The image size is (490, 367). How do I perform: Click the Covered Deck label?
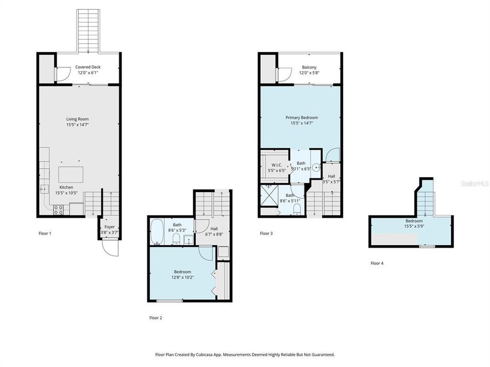(88, 67)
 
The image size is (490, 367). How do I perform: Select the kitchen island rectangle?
(71, 173)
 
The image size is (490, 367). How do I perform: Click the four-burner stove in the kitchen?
(58, 209)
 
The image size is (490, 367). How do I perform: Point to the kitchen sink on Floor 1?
(43, 189)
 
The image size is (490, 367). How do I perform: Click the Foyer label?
(110, 227)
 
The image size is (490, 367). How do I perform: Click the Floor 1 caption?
(45, 233)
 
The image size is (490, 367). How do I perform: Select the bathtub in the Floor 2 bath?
(157, 232)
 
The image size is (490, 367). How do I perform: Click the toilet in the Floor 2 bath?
(176, 240)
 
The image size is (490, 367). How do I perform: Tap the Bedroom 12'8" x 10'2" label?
(182, 274)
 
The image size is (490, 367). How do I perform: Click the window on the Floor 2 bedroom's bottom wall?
(169, 301)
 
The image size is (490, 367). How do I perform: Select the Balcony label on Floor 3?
(309, 67)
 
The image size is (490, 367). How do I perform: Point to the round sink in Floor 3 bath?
(316, 166)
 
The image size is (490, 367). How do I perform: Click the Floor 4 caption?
(377, 264)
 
